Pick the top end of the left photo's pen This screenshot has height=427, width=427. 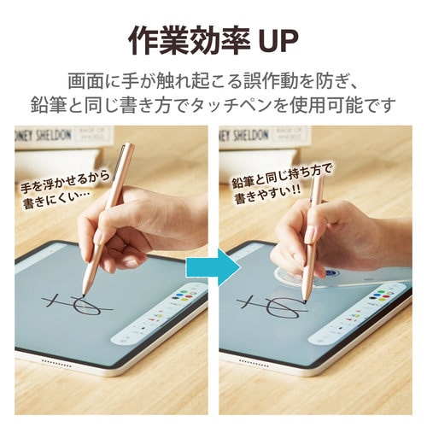(x=128, y=148)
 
